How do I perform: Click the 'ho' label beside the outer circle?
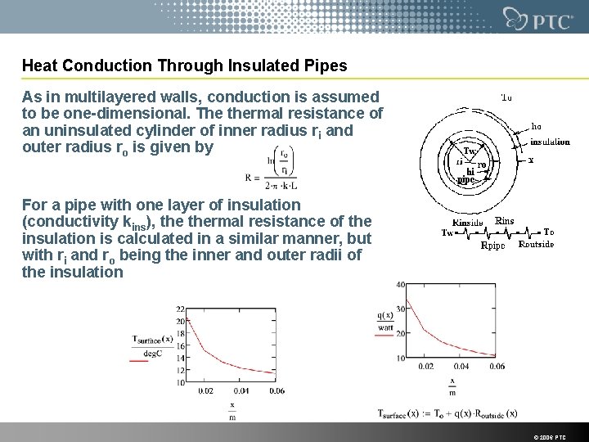click(x=537, y=126)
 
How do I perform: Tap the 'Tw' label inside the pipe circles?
click(x=470, y=151)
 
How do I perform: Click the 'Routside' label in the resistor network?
click(x=536, y=243)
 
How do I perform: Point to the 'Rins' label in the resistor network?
click(x=505, y=219)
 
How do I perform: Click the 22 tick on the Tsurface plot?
click(x=179, y=309)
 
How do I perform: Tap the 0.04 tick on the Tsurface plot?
click(x=241, y=390)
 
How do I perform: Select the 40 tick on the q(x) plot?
click(x=401, y=284)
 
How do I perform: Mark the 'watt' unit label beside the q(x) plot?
click(x=385, y=328)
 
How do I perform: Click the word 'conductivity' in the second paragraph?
click(x=61, y=220)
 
